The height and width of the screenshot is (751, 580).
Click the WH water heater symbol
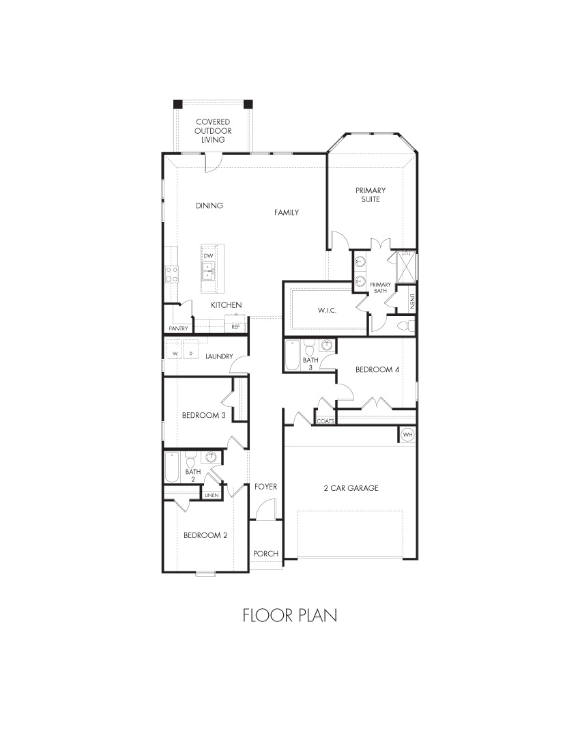[408, 434]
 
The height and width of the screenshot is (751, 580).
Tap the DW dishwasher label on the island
[208, 256]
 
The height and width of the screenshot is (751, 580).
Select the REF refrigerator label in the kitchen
[235, 327]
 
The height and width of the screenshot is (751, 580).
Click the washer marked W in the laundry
[175, 354]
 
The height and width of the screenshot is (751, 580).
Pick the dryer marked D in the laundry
[191, 354]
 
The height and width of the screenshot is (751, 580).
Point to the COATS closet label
[325, 421]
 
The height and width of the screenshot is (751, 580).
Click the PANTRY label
[179, 328]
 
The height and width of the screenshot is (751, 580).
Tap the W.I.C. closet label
[328, 311]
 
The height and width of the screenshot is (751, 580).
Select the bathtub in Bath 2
[172, 468]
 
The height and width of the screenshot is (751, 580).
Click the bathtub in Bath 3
[293, 355]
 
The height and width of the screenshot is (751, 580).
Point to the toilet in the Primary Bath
[406, 326]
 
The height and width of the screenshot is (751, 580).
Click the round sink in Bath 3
[327, 345]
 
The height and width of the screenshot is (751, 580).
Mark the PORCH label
[265, 554]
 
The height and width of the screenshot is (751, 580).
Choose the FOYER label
[265, 487]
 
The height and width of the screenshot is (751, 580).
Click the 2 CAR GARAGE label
[351, 488]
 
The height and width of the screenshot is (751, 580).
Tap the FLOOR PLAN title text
[290, 615]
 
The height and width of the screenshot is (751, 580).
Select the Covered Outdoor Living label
[213, 131]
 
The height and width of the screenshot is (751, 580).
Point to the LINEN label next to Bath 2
[212, 495]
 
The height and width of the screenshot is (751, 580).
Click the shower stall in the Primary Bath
[405, 267]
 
